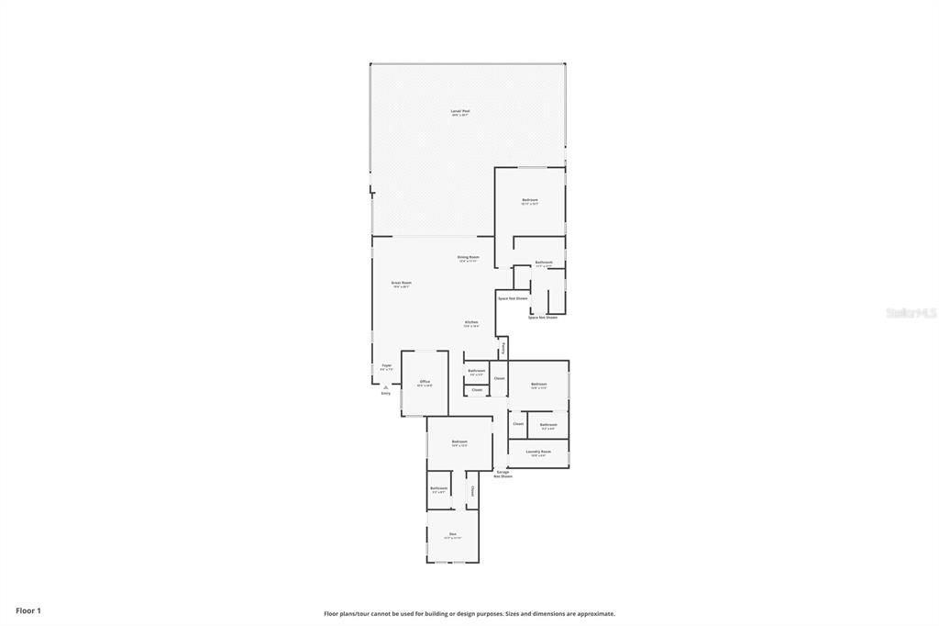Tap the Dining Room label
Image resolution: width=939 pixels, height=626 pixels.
(469, 257)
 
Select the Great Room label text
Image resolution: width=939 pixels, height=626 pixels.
(401, 283)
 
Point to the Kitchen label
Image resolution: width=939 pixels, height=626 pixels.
(471, 322)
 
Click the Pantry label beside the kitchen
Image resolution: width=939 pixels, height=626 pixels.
(503, 349)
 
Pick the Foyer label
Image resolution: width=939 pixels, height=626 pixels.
(386, 365)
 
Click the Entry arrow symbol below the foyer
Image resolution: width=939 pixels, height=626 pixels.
(386, 387)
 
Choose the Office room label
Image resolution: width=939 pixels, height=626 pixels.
(425, 381)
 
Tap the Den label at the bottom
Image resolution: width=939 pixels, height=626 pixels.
(452, 533)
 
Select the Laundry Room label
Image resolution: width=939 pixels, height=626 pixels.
(538, 452)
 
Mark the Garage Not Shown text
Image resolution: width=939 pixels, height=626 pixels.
(503, 474)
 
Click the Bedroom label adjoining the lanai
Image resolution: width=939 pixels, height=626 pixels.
(530, 199)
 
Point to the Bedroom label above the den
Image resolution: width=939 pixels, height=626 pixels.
(459, 442)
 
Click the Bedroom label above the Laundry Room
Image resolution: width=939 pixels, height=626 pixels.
(538, 384)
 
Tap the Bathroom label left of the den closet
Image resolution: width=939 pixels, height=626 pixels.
(438, 487)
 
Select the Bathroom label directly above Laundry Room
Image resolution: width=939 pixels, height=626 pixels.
(548, 424)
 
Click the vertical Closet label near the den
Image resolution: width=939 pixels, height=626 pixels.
(472, 491)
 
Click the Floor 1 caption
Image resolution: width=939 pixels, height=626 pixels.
(28, 610)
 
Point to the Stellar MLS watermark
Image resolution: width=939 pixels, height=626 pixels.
(911, 313)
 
